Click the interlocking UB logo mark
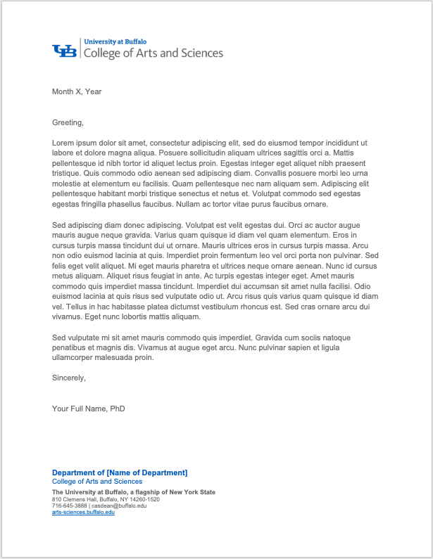(64, 51)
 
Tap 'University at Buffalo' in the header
(111, 42)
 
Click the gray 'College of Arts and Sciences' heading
(153, 53)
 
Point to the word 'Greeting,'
(68, 122)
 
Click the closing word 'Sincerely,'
(69, 378)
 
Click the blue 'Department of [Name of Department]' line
(120, 473)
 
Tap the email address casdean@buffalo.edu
(119, 506)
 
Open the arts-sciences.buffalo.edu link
(83, 512)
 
